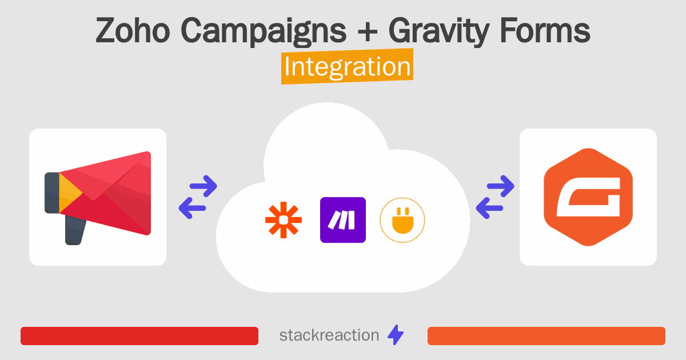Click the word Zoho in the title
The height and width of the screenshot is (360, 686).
tap(133, 30)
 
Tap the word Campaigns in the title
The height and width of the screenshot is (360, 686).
tap(264, 32)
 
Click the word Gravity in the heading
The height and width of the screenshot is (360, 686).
tap(439, 32)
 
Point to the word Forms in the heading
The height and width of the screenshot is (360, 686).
tap(545, 30)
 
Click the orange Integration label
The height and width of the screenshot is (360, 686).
tap(348, 66)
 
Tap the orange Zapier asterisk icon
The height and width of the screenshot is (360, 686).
tap(284, 220)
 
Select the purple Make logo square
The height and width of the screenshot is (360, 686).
tap(343, 220)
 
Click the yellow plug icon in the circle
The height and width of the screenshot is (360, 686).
tap(402, 220)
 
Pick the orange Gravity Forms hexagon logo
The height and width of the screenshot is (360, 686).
tap(588, 197)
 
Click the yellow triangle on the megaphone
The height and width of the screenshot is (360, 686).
tap(70, 193)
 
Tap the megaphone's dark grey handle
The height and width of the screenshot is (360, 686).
tap(75, 230)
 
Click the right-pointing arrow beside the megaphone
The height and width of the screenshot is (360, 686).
tap(204, 186)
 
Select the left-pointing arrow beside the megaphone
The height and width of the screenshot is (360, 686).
tap(192, 208)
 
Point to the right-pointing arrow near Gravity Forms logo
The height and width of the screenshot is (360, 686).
tap(501, 186)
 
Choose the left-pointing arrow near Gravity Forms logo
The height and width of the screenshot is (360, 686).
tap(489, 208)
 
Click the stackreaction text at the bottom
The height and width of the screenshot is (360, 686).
tap(329, 335)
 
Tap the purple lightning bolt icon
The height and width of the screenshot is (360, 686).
tap(396, 335)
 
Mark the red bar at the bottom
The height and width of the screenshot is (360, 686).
tap(139, 336)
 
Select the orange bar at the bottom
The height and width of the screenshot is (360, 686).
tap(547, 336)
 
